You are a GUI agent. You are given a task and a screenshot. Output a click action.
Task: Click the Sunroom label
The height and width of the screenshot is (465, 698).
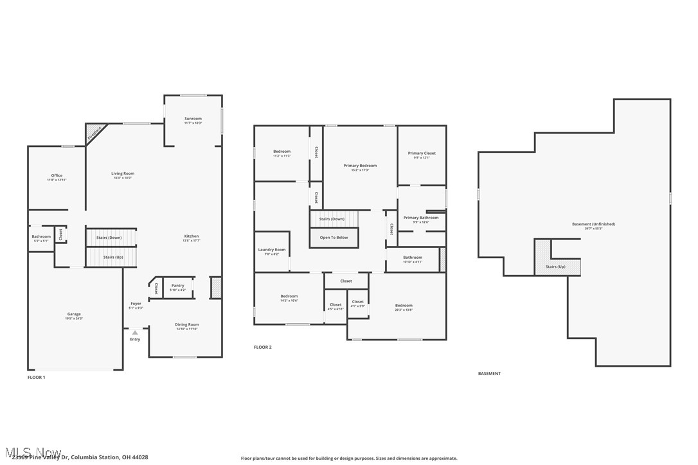(x=193, y=119)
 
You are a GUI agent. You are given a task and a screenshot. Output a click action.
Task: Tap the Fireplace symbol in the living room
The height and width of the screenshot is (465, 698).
(x=94, y=132)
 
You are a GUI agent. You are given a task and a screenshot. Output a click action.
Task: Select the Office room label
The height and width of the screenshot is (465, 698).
(x=57, y=176)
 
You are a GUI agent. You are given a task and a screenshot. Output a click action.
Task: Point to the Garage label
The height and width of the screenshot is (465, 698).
(x=73, y=315)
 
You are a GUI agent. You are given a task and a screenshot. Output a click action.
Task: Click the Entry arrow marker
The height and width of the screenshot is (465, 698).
(x=135, y=333)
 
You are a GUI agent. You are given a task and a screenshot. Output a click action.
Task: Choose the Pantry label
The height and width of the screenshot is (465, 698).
(x=178, y=286)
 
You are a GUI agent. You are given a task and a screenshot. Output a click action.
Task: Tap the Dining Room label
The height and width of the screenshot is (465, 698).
(x=187, y=325)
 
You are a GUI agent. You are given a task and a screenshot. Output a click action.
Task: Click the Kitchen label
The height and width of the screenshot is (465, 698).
(x=192, y=236)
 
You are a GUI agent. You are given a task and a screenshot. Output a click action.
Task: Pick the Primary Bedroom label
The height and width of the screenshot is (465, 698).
(x=359, y=166)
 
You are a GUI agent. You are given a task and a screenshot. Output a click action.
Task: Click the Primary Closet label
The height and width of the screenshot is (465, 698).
(x=422, y=154)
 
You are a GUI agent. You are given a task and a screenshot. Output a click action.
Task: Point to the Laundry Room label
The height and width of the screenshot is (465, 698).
(x=272, y=250)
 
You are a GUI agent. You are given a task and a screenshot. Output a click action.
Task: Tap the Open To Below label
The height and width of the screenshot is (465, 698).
(x=334, y=238)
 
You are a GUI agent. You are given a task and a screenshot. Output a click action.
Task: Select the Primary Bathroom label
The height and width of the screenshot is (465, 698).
(x=421, y=218)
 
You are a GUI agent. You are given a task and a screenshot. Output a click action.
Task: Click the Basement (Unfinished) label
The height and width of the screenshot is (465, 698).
(x=593, y=224)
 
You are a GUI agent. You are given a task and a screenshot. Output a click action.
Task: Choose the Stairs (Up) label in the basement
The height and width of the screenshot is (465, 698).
(x=555, y=267)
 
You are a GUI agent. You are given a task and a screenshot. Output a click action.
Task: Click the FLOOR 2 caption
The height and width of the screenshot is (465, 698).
(x=262, y=347)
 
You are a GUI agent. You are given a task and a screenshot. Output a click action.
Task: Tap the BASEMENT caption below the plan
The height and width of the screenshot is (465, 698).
(x=488, y=374)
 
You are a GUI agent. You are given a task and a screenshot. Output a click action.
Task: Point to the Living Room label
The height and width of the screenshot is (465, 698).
(x=122, y=173)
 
